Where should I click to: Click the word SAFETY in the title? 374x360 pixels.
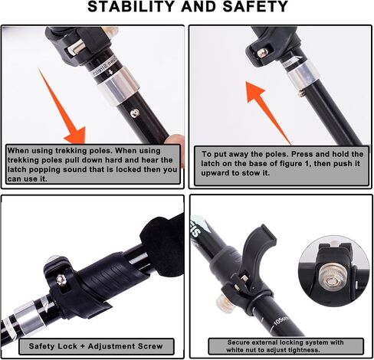pyautogui.click(x=255, y=6)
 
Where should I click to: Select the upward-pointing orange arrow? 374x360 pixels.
pyautogui.click(x=267, y=113)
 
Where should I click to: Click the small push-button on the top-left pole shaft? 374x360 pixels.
pyautogui.click(x=135, y=113)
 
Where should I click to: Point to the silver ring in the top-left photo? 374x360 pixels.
pyautogui.click(x=119, y=87)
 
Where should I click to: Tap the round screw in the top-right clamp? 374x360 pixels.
pyautogui.click(x=262, y=53)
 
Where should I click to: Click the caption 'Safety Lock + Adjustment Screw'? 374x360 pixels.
pyautogui.click(x=96, y=346)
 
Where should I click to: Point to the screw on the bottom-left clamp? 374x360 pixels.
pyautogui.click(x=61, y=280)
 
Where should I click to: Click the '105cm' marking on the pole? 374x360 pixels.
pyautogui.click(x=280, y=320)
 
